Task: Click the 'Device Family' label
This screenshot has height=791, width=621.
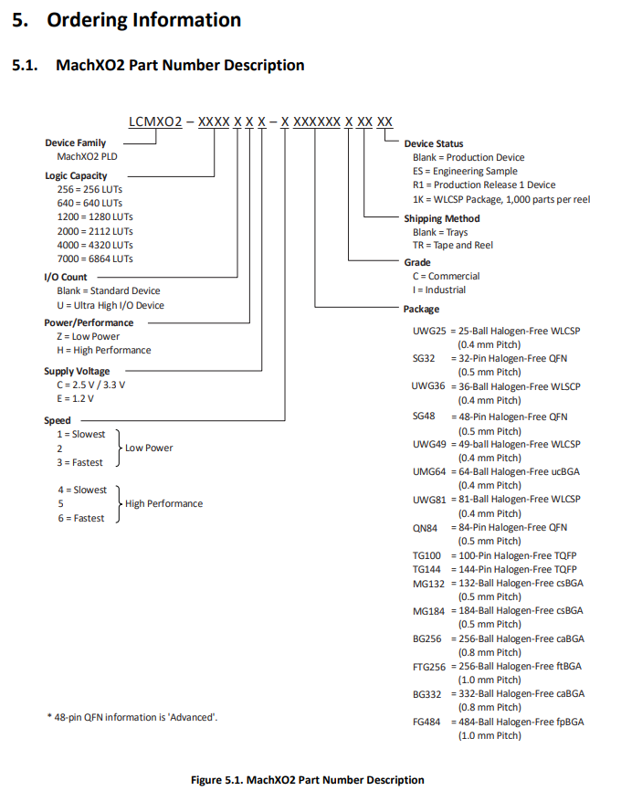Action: tap(75, 142)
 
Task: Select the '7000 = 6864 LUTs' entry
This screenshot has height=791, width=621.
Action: tap(95, 258)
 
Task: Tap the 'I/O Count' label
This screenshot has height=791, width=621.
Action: tap(66, 277)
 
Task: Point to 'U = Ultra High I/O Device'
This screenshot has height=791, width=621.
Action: tap(111, 305)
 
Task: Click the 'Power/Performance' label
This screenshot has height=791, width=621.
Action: tap(89, 322)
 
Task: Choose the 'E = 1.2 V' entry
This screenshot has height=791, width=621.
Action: tap(75, 398)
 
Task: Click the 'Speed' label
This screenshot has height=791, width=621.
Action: tap(58, 420)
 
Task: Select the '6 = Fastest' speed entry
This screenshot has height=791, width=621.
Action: tap(79, 518)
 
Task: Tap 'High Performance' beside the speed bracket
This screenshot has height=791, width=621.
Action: tap(163, 503)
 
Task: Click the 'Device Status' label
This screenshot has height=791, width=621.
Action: tap(434, 143)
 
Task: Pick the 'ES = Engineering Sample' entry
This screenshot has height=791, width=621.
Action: tap(465, 171)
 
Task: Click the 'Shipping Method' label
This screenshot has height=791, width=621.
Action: tap(441, 219)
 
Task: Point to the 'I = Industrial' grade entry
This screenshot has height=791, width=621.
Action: tap(438, 290)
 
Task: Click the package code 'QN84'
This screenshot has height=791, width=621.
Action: tap(426, 528)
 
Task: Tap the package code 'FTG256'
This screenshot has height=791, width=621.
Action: tap(429, 667)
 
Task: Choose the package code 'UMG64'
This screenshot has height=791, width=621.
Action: tap(429, 471)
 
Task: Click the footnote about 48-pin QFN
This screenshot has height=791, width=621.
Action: tap(132, 717)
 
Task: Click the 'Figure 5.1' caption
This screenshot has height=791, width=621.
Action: tap(307, 779)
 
